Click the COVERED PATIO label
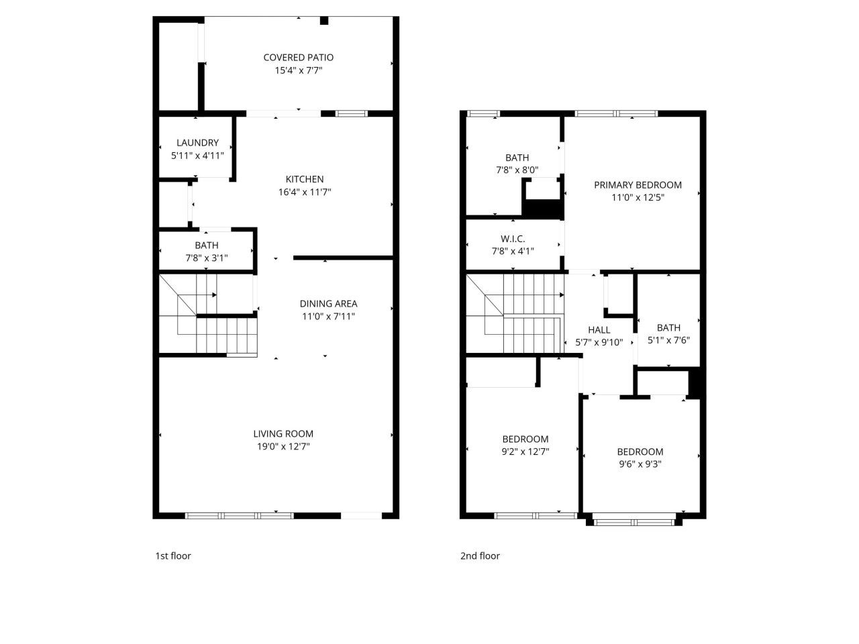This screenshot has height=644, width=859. [298, 58]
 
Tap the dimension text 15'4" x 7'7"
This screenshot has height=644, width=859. [298, 70]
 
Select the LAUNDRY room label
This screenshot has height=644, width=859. [197, 143]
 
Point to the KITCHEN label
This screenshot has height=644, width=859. [305, 179]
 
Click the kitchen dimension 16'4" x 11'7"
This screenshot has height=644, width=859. [305, 192]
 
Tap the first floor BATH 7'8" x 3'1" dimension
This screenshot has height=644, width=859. [207, 258]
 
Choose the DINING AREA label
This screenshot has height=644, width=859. [328, 304]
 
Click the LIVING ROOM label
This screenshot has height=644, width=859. [283, 434]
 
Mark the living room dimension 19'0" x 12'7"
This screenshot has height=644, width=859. [283, 446]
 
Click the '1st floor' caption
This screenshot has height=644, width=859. [173, 555]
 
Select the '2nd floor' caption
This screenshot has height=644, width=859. [480, 555]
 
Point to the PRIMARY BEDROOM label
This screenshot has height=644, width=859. [638, 185]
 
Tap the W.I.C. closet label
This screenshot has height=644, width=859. [513, 239]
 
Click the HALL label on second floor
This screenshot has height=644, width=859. [599, 330]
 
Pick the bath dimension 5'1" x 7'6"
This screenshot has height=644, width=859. [668, 340]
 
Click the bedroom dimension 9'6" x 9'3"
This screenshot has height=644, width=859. [640, 464]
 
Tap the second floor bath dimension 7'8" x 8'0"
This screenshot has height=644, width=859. [517, 170]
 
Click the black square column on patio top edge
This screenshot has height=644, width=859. [324, 21]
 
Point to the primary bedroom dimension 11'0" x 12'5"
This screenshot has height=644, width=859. [638, 198]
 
